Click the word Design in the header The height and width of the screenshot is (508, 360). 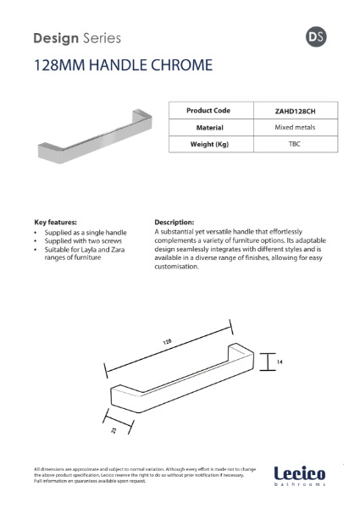53,37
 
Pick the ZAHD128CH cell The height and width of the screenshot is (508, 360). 295,110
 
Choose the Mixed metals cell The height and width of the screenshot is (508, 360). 295,127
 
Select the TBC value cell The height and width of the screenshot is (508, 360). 295,144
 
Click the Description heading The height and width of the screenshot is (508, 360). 174,222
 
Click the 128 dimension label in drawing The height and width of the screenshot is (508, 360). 167,342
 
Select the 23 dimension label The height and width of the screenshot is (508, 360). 112,428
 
